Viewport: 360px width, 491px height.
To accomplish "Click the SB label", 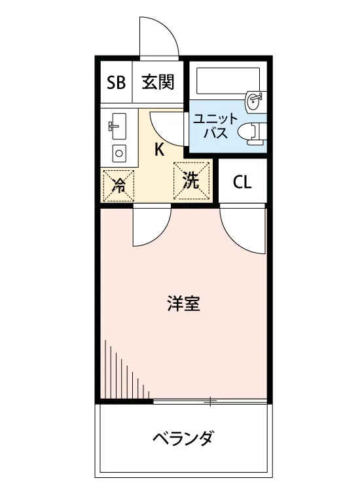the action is pyautogui.click(x=116, y=82).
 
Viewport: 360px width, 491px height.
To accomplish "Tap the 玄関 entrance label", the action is pyautogui.click(x=158, y=82).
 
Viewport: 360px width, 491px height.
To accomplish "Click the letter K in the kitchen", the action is pyautogui.click(x=159, y=149).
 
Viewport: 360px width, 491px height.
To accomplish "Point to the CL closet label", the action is pyautogui.click(x=242, y=182).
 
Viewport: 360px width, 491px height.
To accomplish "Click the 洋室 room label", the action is pyautogui.click(x=184, y=303).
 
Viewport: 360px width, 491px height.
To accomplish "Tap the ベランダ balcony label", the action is pyautogui.click(x=183, y=438).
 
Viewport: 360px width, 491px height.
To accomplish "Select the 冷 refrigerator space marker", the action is pyautogui.click(x=118, y=186).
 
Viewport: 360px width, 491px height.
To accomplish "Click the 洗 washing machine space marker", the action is pyautogui.click(x=190, y=181).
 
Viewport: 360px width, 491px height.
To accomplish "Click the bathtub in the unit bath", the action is pyautogui.click(x=228, y=81).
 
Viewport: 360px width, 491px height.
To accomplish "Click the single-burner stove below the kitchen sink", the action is pyautogui.click(x=119, y=153).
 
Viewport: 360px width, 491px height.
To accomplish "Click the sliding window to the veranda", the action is pyautogui.click(x=210, y=401).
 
